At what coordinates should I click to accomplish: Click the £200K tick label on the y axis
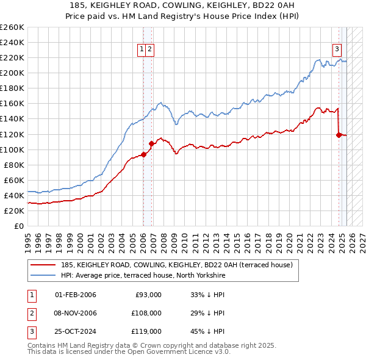tap(12, 73)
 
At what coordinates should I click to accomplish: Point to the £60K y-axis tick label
tap(13, 180)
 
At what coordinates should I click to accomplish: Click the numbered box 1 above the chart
tap(142, 50)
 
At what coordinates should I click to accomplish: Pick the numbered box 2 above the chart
tap(149, 50)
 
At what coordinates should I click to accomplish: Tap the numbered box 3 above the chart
tap(337, 50)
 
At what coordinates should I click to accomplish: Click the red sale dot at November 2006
tap(151, 143)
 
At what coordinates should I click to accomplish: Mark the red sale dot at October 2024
tap(339, 135)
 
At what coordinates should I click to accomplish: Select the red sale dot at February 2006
tap(143, 154)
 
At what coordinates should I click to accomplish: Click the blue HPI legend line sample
tap(43, 275)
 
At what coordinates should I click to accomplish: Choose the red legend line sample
tap(43, 265)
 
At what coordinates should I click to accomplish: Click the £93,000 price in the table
tap(148, 295)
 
